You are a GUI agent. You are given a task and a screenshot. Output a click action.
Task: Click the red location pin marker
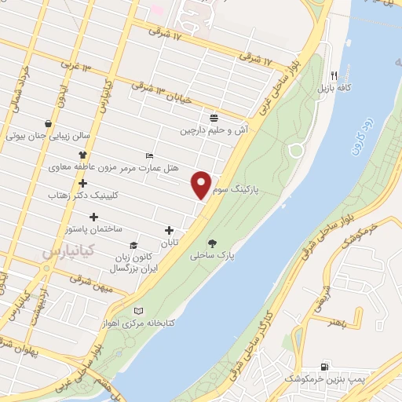[x=202, y=185]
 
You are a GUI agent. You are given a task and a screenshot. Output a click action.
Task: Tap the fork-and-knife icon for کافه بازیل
[x=334, y=75]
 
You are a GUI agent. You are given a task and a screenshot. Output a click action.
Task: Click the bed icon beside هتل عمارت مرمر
[x=150, y=155]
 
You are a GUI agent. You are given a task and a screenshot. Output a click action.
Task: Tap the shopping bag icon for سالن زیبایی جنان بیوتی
[x=49, y=123]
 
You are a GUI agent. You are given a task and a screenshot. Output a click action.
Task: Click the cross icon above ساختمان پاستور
[x=94, y=216]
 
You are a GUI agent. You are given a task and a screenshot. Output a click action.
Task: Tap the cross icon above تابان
[x=169, y=230]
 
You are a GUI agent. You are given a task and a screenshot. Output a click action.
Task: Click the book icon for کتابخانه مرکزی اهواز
[x=140, y=311]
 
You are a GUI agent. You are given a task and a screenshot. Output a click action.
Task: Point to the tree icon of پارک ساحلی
[x=212, y=242]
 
